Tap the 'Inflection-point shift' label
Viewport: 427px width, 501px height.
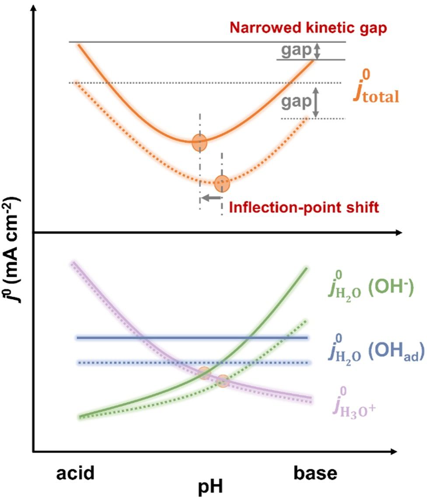[304, 207]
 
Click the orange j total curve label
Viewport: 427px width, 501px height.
[376, 90]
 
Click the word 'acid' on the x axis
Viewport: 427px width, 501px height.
[76, 474]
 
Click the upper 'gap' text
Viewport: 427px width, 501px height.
[294, 51]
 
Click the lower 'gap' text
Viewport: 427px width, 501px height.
[294, 101]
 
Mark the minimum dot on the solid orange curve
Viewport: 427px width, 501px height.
[199, 142]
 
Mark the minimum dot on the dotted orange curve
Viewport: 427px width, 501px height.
[223, 183]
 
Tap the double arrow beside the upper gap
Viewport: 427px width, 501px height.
[318, 51]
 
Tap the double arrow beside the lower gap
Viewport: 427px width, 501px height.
[315, 101]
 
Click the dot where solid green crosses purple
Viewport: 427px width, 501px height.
[204, 373]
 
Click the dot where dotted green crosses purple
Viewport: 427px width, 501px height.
[223, 381]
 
